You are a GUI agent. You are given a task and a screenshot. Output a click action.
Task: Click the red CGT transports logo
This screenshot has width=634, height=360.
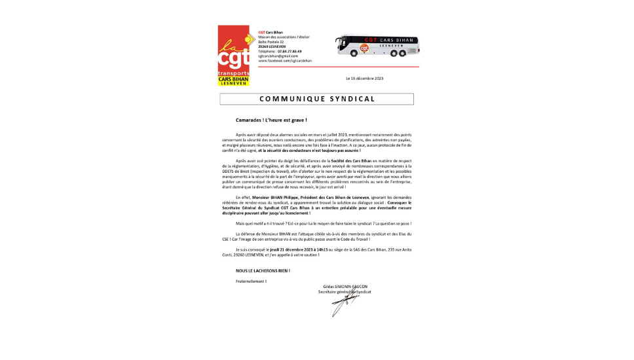(x=233, y=52)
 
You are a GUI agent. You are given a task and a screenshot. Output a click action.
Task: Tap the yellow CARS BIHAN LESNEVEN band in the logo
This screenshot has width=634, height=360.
(x=234, y=81)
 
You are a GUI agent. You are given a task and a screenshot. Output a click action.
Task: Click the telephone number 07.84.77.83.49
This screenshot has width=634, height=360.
(x=289, y=51)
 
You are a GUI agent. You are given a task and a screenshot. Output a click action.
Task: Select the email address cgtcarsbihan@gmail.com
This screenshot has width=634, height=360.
(x=278, y=56)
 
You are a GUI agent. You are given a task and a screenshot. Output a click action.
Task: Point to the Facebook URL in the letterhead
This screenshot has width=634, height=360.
(x=285, y=60)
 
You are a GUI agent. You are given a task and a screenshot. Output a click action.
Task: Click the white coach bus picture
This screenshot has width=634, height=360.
(x=377, y=45)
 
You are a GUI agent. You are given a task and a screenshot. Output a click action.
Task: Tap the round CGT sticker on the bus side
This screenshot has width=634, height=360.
(x=364, y=48)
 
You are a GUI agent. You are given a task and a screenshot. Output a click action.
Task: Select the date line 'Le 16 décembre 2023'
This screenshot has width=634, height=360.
(x=365, y=78)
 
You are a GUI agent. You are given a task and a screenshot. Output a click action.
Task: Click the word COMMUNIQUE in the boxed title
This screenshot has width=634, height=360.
(x=289, y=99)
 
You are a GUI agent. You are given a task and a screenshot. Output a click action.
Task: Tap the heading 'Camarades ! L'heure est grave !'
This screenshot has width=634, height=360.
(x=271, y=120)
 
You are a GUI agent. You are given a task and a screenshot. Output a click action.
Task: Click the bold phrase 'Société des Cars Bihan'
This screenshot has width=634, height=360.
(x=351, y=160)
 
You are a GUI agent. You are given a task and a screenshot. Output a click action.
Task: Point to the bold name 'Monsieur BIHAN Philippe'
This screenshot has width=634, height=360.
(x=275, y=197)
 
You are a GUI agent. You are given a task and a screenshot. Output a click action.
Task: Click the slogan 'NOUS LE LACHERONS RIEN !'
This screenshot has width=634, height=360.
(x=263, y=270)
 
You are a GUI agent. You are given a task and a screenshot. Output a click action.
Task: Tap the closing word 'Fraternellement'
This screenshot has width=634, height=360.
(x=250, y=281)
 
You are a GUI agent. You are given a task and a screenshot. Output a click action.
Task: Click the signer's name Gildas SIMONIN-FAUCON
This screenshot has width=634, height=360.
(x=345, y=286)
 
